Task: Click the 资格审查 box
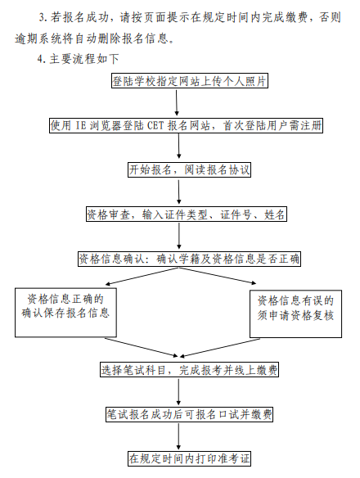[x=187, y=214]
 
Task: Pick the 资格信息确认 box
[x=189, y=259]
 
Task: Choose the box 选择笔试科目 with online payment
[x=190, y=370]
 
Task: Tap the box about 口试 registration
[x=189, y=414]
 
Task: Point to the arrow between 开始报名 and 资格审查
[x=179, y=192]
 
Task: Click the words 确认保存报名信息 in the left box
[x=68, y=314]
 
